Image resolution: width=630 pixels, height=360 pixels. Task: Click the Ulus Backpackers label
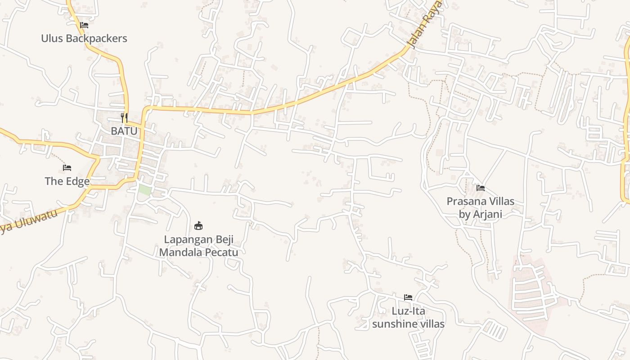pos(84,39)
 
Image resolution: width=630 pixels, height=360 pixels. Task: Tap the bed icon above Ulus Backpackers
pos(84,25)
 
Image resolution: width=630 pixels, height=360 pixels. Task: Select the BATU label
pos(124,131)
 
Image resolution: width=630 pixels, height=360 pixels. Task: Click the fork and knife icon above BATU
pos(124,118)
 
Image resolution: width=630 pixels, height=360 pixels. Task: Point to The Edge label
pos(67,181)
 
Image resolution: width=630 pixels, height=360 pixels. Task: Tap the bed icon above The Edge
pos(67,168)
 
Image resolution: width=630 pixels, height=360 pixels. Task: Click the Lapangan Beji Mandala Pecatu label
pos(198,246)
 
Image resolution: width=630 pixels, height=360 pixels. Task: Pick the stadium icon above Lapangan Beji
pos(198,225)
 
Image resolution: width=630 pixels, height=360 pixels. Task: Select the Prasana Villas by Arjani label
pos(480,207)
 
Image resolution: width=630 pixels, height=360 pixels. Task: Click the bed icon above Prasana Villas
pos(481,188)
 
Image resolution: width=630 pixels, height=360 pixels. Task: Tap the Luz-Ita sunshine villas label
pos(408,317)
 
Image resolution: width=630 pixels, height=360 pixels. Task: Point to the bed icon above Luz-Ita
pos(408,297)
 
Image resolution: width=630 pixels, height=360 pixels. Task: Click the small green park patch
pos(144,189)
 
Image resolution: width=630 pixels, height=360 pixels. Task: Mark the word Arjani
pos(487,214)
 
